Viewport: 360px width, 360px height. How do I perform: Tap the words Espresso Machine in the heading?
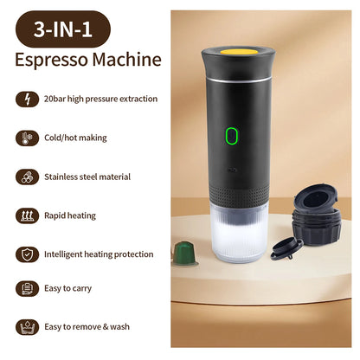pos(87,61)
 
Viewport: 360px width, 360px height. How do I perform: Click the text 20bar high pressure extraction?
pos(100,99)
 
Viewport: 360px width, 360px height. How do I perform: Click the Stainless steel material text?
pos(87,177)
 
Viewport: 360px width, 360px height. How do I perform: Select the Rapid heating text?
pos(69,215)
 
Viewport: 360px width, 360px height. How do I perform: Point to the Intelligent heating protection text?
pos(98,254)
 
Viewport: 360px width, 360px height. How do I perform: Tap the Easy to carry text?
pos(68,288)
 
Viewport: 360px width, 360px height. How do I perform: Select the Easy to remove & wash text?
pos(87,326)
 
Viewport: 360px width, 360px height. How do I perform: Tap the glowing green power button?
pos(232,136)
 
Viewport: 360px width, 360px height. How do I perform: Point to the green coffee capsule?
pos(183,254)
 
